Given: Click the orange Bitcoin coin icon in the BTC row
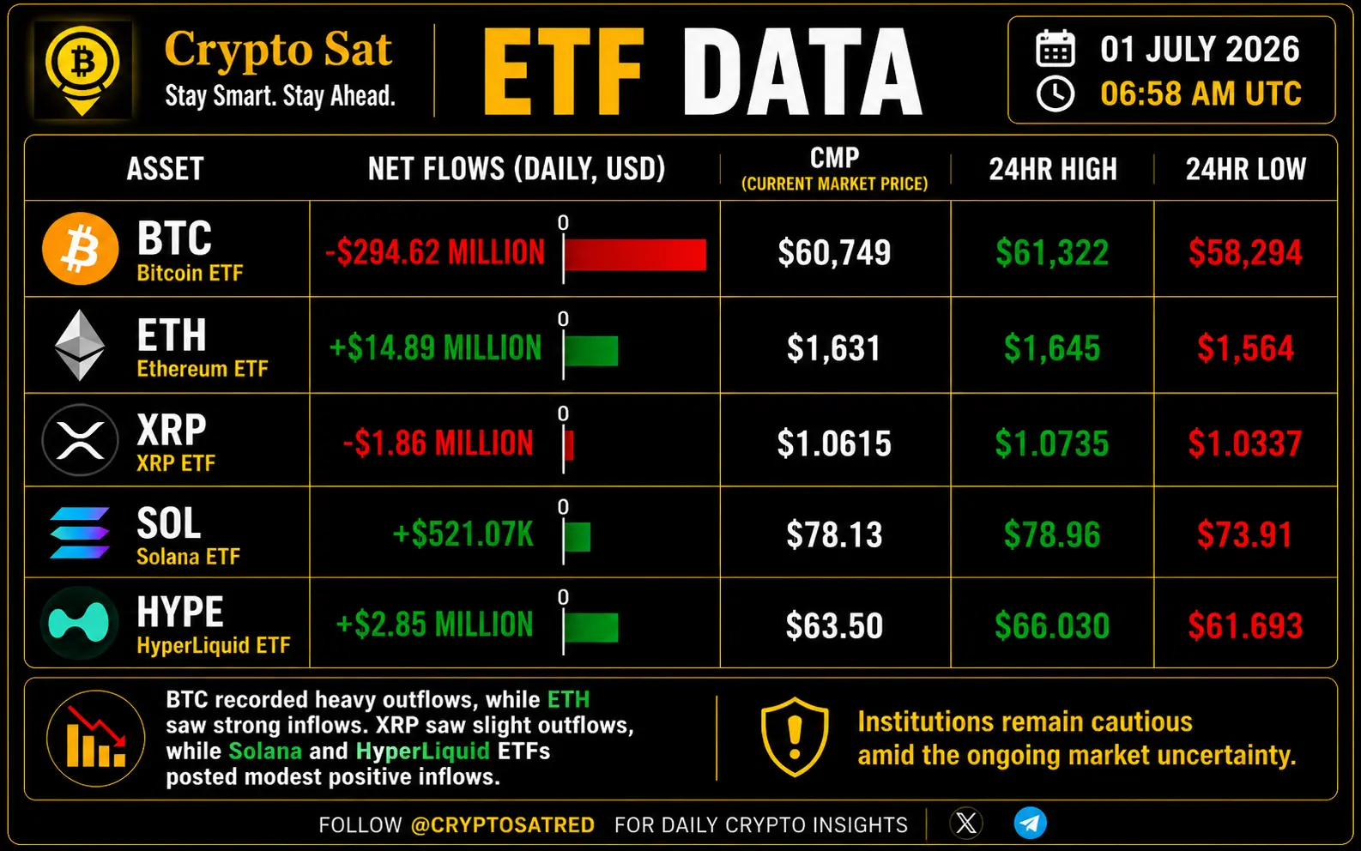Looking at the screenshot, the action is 80,249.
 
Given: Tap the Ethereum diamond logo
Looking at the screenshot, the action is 80,345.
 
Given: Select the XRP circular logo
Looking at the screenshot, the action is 80,440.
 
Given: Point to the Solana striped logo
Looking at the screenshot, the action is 80,533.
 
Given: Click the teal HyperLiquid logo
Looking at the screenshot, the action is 79,623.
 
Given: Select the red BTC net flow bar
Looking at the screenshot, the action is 636,254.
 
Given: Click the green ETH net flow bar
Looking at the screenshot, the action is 591,351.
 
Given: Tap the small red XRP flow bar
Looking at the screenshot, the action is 569,444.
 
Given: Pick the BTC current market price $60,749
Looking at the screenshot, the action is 834,253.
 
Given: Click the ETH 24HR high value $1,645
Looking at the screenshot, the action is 1052,348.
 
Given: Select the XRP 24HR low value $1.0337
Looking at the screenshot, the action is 1245,444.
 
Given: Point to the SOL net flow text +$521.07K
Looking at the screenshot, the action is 463,534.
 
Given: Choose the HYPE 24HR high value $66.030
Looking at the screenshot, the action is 1052,625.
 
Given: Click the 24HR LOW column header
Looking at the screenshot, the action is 1245,169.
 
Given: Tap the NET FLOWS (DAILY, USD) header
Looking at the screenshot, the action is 517,168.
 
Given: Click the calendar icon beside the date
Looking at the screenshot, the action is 1056,48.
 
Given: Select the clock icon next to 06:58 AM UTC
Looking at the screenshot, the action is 1056,94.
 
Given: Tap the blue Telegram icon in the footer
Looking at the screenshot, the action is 1031,824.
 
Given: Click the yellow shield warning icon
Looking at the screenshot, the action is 794,737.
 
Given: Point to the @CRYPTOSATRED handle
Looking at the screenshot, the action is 503,825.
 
